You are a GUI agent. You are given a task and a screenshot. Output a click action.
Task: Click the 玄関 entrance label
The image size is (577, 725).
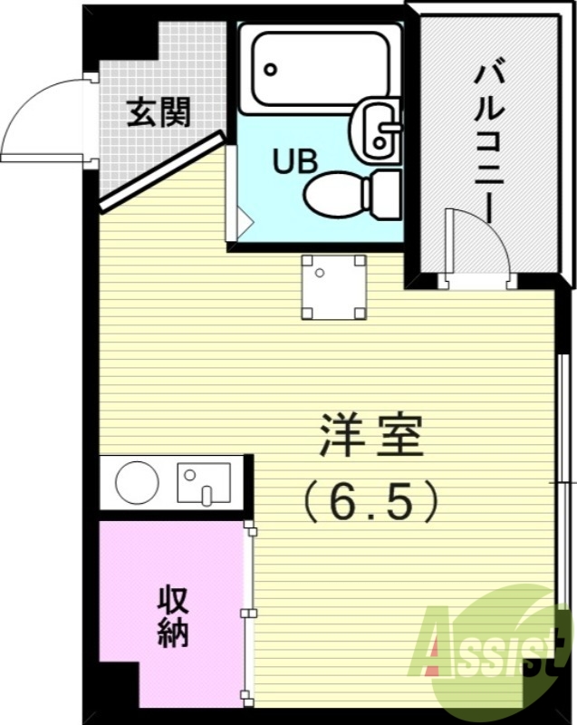pyautogui.click(x=158, y=113)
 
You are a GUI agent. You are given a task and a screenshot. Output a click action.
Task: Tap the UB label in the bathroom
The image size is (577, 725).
pyautogui.click(x=294, y=161)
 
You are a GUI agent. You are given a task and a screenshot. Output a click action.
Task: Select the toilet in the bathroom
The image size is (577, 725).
pyautogui.click(x=349, y=192)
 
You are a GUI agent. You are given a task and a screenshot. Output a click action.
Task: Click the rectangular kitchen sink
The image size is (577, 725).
pyautogui.click(x=205, y=482)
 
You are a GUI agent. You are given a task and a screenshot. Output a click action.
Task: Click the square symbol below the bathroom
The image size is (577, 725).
pyautogui.click(x=334, y=286)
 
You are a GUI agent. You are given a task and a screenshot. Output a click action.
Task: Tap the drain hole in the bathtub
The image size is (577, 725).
pyautogui.click(x=270, y=69)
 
